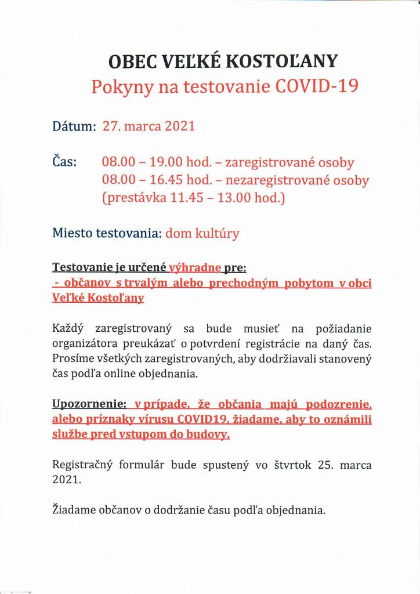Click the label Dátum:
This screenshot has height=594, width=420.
pos(74,126)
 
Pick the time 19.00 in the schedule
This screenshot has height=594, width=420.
pos(162,162)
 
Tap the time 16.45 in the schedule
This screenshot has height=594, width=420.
pos(162,180)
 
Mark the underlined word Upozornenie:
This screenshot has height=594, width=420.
pos(90,404)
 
